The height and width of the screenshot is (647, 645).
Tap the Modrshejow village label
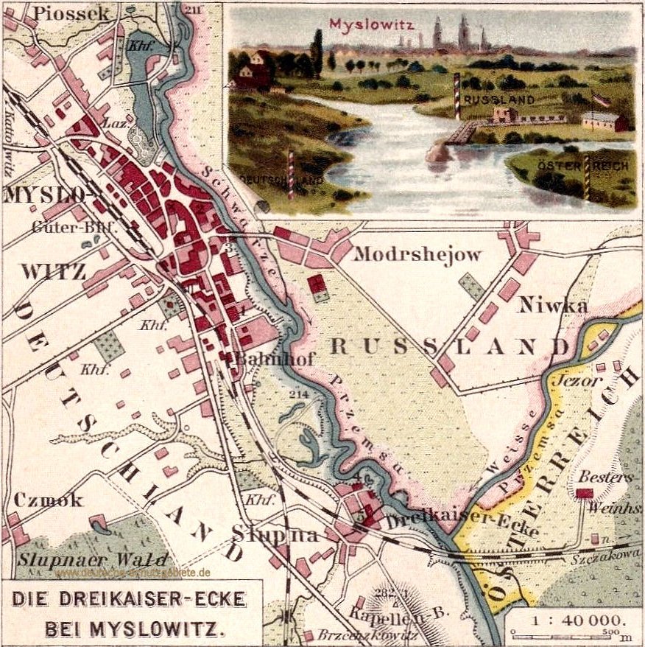point(417,254)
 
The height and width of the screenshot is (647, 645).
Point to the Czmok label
point(48,500)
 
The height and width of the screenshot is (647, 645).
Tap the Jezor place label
point(580,382)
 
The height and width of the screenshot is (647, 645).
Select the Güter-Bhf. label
point(74,228)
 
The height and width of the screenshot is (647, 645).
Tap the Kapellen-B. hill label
point(378,614)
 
